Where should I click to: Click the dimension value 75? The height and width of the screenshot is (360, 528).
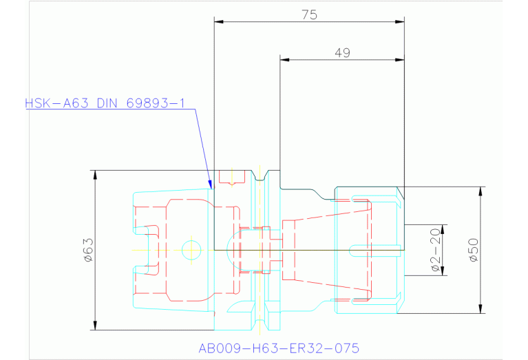pos(309,14)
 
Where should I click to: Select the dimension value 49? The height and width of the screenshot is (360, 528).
pos(341,52)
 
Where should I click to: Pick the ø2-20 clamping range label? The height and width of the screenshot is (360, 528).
pos(435,251)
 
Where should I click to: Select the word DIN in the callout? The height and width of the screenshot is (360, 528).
pos(108,104)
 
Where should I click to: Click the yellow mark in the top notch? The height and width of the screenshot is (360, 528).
pos(232,178)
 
